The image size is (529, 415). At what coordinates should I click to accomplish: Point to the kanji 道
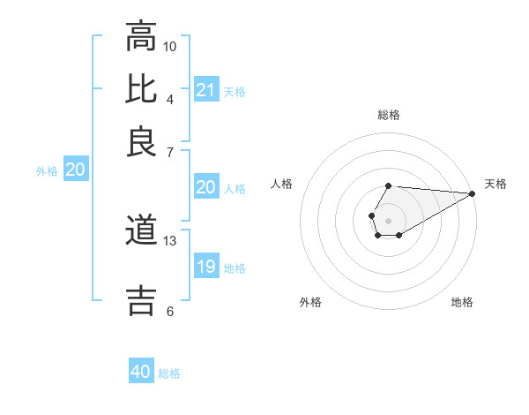141,231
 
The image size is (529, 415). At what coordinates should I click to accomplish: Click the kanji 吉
141,298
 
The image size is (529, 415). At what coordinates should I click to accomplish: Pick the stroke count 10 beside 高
170,46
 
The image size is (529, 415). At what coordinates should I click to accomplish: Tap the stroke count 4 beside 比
170,98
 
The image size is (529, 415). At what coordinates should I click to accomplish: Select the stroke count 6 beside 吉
170,311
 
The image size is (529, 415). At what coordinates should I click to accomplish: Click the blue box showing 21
206,89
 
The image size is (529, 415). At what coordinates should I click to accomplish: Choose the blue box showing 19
206,267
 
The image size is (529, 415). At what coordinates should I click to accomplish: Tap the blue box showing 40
141,372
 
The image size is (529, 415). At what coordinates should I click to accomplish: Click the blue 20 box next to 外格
75,170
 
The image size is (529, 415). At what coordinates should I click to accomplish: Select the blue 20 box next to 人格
206,187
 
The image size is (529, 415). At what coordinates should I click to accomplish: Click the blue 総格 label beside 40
169,373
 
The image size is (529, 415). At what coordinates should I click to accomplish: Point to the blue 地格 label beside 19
235,268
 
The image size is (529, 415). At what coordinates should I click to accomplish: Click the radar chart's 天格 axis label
495,184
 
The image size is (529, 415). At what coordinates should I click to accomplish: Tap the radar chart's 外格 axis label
310,302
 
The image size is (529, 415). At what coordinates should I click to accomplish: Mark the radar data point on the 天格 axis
473,193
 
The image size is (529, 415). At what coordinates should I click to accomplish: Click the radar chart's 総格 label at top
389,115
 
